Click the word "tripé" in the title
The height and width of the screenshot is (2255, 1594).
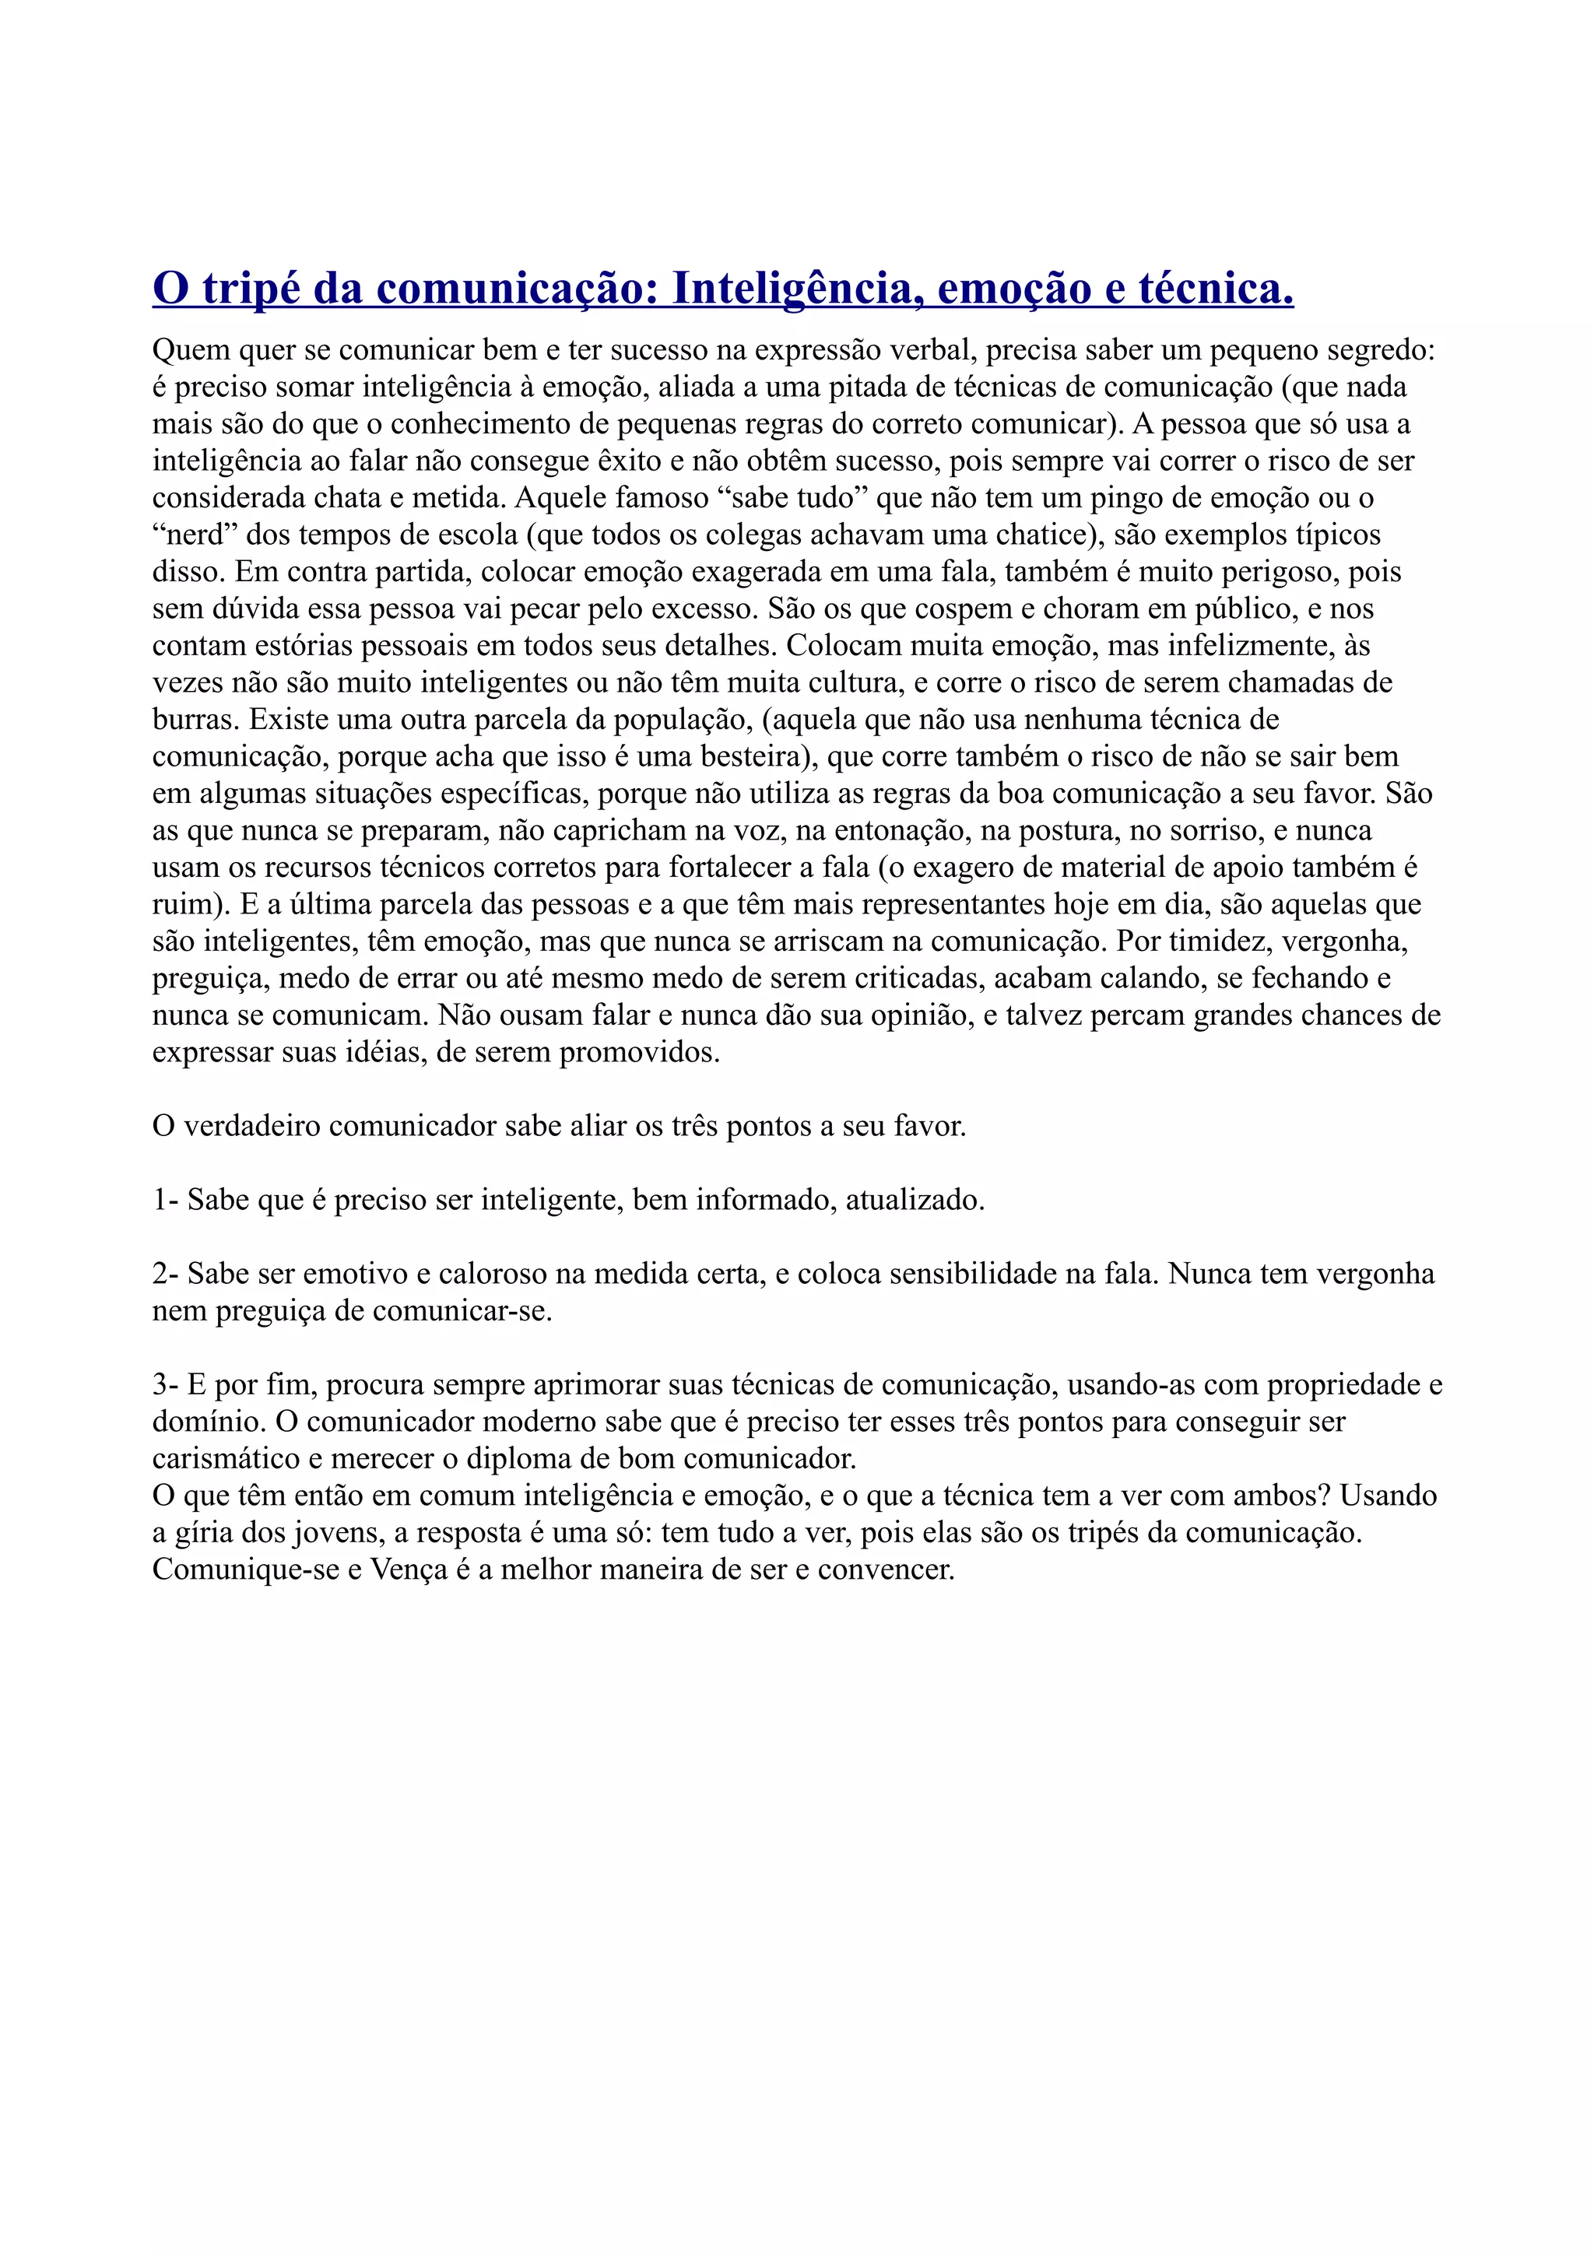(x=247, y=289)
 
